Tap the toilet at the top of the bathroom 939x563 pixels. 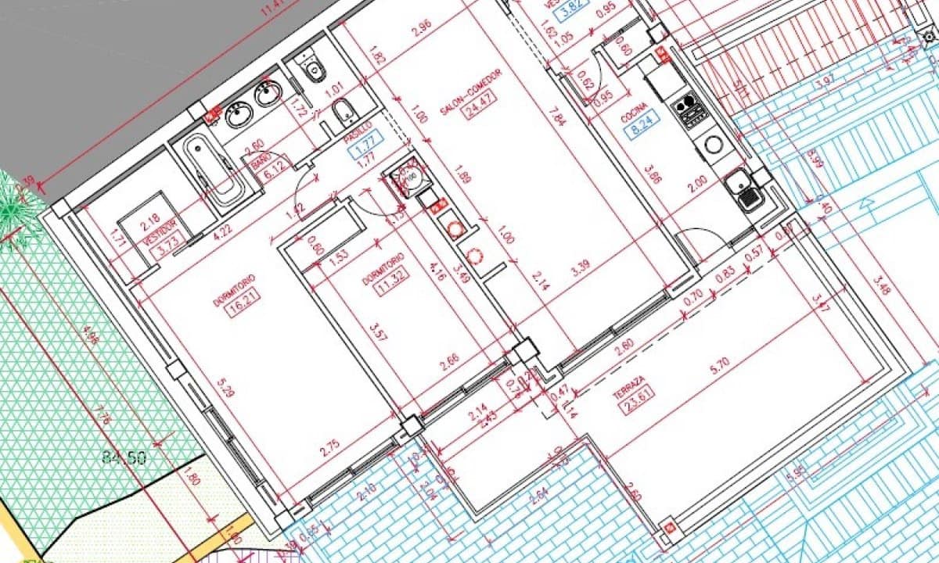pyautogui.click(x=313, y=69)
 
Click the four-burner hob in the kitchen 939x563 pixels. pyautogui.click(x=693, y=110)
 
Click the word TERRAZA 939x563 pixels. pyautogui.click(x=629, y=386)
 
